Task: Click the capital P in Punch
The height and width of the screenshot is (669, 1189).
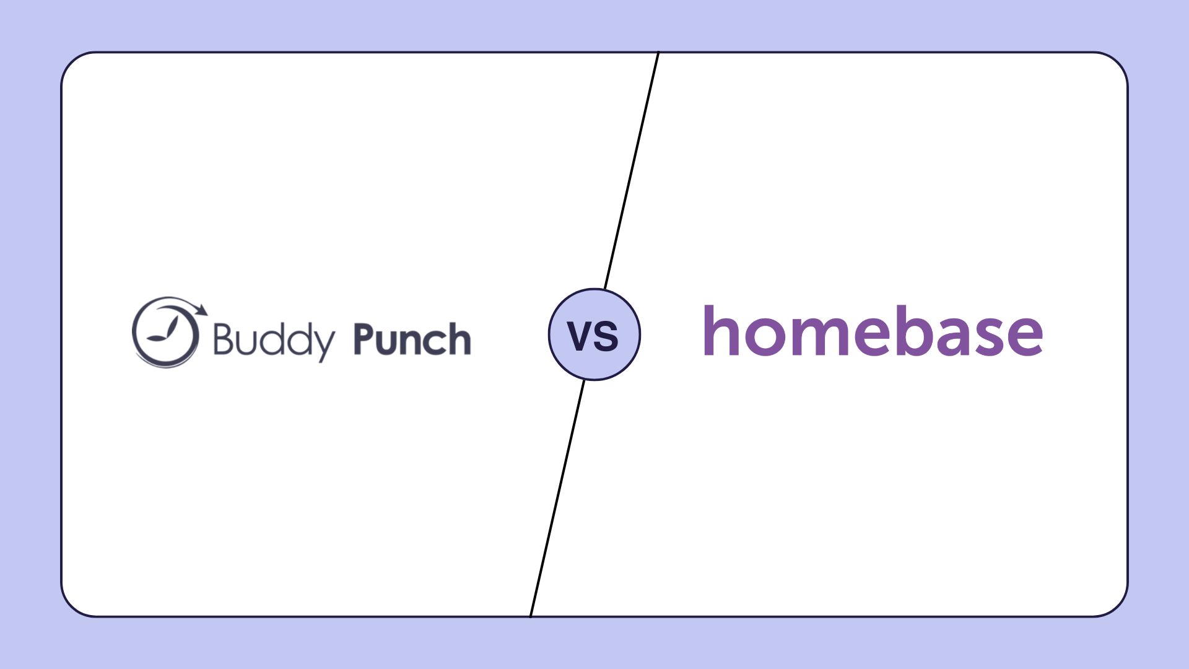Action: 364,339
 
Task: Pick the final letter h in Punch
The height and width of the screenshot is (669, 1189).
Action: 459,339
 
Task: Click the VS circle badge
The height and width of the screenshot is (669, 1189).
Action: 594,334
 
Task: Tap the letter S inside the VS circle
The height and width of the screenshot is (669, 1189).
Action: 607,336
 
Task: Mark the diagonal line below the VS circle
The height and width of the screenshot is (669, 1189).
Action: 557,496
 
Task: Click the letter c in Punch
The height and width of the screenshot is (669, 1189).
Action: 434,342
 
